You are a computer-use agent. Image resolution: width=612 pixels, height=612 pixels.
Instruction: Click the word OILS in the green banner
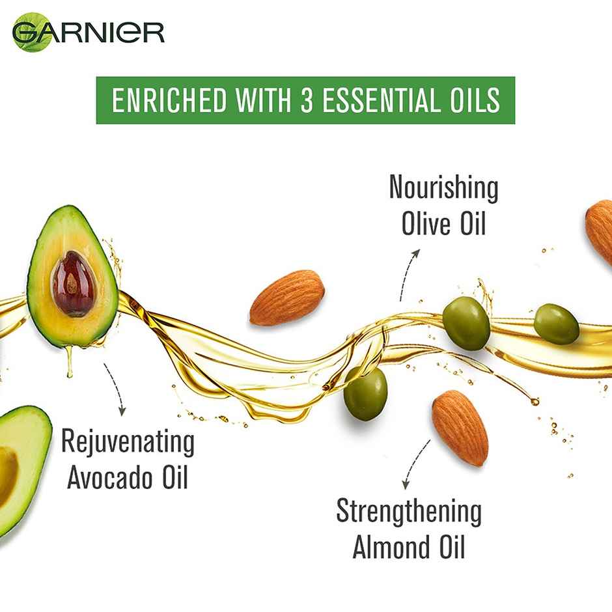[x=475, y=101]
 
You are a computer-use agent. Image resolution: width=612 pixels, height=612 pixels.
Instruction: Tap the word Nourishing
[x=443, y=188]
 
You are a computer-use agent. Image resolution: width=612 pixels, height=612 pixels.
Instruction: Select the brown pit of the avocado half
[x=74, y=283]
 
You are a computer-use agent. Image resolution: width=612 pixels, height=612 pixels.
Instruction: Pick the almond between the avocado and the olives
[x=286, y=298]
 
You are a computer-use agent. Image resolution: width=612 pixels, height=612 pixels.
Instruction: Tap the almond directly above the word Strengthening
[x=460, y=427]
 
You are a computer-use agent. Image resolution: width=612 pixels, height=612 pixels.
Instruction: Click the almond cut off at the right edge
[x=600, y=231]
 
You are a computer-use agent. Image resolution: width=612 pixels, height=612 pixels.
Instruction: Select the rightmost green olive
[x=556, y=324]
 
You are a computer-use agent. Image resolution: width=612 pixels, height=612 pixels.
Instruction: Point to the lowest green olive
[x=365, y=393]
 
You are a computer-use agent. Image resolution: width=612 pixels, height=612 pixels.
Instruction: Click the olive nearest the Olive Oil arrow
[x=466, y=323]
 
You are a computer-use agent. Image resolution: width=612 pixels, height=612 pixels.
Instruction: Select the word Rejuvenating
[x=128, y=443]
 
